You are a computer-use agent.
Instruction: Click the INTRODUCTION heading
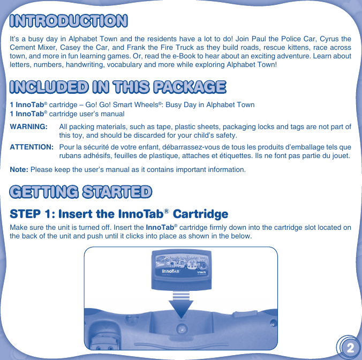(69, 21)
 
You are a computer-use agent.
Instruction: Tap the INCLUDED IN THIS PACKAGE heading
(117, 86)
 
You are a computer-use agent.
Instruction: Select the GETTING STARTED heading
(80, 191)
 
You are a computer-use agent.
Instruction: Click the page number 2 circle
(349, 348)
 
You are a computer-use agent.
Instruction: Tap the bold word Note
(19, 170)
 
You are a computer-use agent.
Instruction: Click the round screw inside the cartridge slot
(182, 331)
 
